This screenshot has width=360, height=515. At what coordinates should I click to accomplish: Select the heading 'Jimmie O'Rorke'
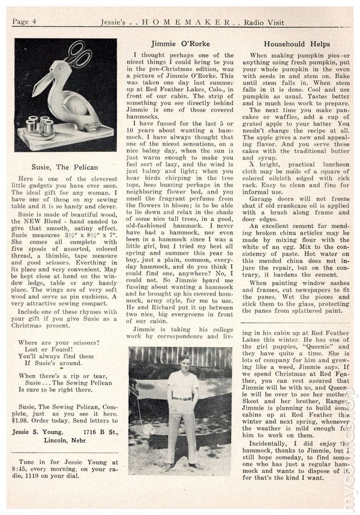[179, 44]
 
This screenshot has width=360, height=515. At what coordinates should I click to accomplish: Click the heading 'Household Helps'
[296, 44]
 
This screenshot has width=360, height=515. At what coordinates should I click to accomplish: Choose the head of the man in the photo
[182, 364]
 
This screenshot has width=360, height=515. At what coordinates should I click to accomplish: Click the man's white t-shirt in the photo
[182, 384]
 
